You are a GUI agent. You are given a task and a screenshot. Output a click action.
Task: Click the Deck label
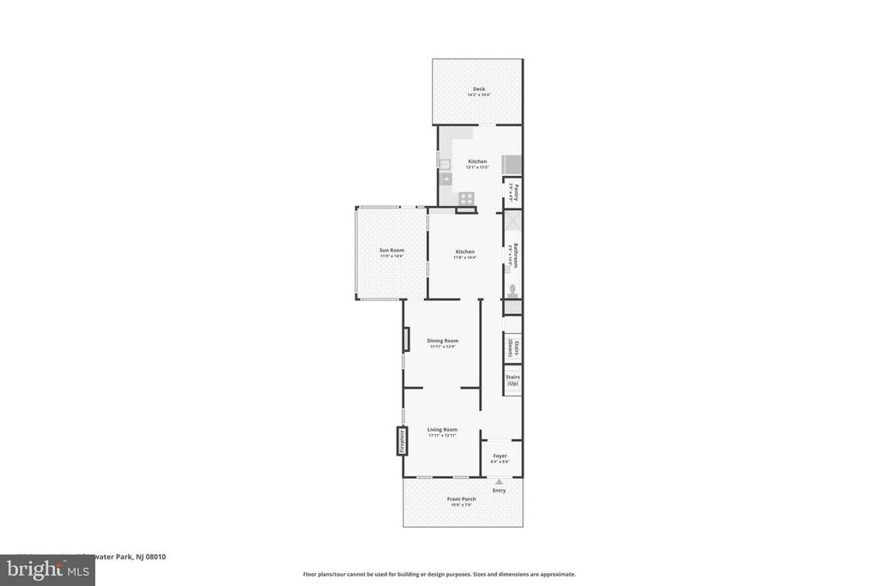478,89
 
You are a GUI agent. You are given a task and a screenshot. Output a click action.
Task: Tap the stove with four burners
466,196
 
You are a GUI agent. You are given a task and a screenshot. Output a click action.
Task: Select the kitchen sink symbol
446,178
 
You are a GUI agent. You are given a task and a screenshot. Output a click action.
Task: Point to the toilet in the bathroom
512,290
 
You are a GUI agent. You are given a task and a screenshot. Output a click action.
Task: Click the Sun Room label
391,250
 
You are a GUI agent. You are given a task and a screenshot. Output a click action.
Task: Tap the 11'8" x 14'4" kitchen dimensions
464,257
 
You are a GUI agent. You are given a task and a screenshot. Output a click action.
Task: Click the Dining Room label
443,341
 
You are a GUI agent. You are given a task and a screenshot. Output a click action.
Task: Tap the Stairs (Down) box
512,348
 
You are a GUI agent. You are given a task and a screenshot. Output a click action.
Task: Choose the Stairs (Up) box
512,379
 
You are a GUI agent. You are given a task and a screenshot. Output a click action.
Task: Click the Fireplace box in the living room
401,441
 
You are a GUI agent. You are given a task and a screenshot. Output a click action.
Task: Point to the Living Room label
442,429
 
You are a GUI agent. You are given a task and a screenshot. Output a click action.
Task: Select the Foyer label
500,456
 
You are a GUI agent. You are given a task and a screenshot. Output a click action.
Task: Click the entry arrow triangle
499,482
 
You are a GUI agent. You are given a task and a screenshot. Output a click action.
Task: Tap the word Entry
499,491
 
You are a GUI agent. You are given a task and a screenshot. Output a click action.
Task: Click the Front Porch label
461,498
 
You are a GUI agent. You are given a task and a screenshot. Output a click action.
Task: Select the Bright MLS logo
46,570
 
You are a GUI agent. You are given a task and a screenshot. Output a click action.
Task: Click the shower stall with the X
512,221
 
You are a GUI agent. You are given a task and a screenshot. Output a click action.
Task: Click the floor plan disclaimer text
439,574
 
